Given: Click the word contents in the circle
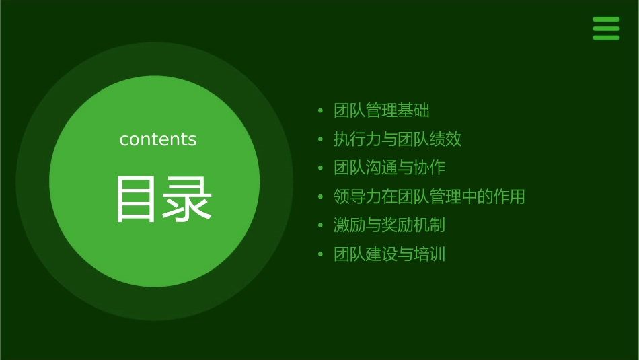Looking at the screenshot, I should pyautogui.click(x=158, y=139).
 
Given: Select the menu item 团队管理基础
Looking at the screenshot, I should pyautogui.click(x=381, y=110).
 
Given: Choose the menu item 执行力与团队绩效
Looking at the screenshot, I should pyautogui.click(x=398, y=139).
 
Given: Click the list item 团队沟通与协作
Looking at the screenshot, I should pyautogui.click(x=389, y=168).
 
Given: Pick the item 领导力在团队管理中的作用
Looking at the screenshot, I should pyautogui.click(x=429, y=196).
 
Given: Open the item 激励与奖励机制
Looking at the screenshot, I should pyautogui.click(x=389, y=225).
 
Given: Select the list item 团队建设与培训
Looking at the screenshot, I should pyautogui.click(x=389, y=254).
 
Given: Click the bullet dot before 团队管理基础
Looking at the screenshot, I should pyautogui.click(x=321, y=110).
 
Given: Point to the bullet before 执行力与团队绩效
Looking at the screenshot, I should pyautogui.click(x=321, y=139).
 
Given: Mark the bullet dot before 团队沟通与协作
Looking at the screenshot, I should pyautogui.click(x=321, y=168).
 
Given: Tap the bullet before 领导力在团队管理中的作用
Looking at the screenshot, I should pyautogui.click(x=321, y=197).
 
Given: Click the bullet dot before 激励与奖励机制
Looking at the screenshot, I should pyautogui.click(x=321, y=225).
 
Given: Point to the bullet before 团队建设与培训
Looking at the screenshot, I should pyautogui.click(x=321, y=254).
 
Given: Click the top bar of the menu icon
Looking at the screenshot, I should pyautogui.click(x=606, y=20).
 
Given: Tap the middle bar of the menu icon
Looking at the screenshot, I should pyautogui.click(x=606, y=28).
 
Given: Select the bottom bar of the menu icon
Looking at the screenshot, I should pyautogui.click(x=606, y=38).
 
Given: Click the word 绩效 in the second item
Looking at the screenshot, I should pyautogui.click(x=446, y=139).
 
